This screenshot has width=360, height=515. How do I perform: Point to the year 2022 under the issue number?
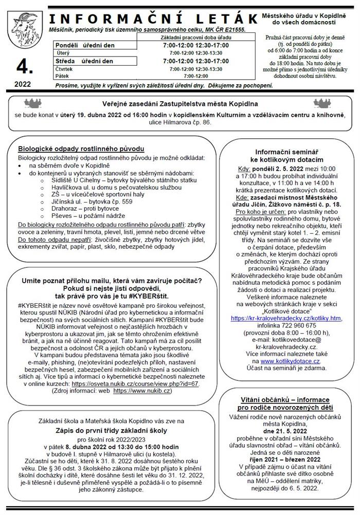(x=23, y=84)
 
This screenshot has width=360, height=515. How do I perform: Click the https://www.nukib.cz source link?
(x=142, y=391)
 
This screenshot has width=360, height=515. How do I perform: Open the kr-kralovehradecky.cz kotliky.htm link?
(x=286, y=318)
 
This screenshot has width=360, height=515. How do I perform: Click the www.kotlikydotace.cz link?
(x=291, y=361)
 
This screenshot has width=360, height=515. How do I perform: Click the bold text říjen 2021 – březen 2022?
(x=285, y=459)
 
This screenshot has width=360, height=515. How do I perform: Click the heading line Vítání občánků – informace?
(x=285, y=399)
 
